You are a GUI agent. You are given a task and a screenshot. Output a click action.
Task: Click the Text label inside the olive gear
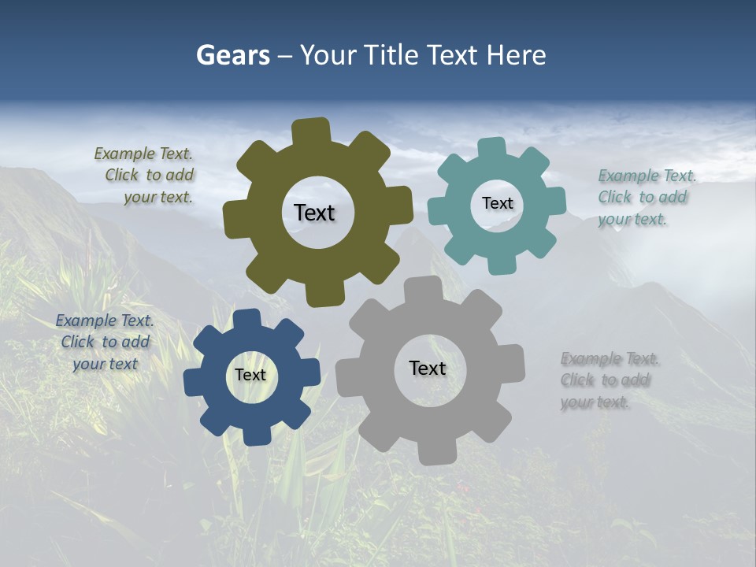tap(314, 213)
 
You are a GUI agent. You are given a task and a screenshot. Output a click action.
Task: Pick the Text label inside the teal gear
tap(497, 203)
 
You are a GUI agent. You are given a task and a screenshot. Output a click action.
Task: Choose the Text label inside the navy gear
tap(250, 376)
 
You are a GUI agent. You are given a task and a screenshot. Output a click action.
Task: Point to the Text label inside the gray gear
tap(428, 369)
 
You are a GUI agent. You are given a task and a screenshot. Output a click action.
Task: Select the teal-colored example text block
tap(643, 198)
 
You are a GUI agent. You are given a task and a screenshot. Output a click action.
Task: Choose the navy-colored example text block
tap(105, 343)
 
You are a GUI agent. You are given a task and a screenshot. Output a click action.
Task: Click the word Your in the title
tap(330, 56)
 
